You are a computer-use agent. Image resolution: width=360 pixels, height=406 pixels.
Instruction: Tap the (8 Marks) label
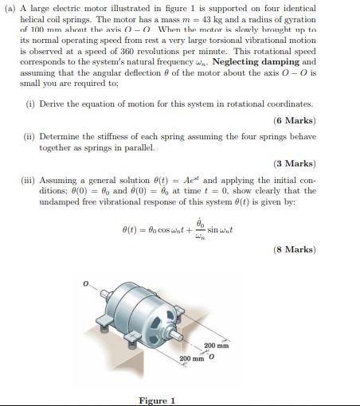295,249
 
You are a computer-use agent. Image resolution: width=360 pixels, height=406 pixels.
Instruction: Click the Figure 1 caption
157,400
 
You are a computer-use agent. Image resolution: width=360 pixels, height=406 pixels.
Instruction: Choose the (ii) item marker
29,137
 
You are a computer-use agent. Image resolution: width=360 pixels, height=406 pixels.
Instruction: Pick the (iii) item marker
29,180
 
